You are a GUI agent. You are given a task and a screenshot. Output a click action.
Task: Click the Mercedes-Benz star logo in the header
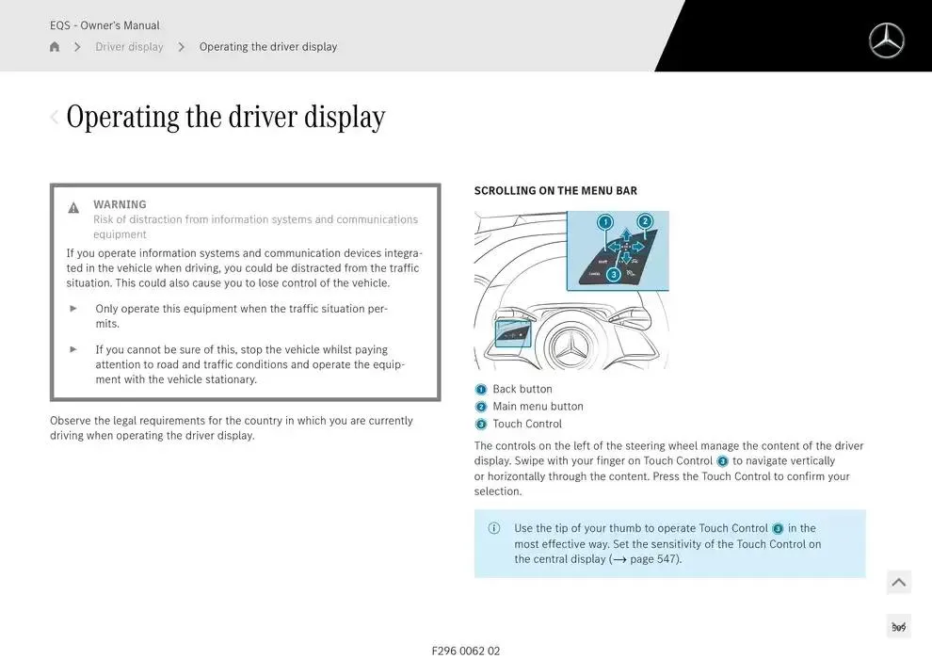pos(886,40)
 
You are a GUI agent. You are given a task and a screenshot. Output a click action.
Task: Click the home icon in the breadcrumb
pos(55,47)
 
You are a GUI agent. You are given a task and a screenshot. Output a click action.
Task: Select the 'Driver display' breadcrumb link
pos(129,47)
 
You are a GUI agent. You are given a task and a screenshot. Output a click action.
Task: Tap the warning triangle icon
pos(73,208)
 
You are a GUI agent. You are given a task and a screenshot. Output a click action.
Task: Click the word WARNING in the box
pos(120,204)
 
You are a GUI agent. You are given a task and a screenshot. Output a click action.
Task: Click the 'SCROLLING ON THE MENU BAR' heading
pos(555,191)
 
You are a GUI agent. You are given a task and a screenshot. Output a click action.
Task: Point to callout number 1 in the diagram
pos(605,222)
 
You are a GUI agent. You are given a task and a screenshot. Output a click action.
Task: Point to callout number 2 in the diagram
pos(645,222)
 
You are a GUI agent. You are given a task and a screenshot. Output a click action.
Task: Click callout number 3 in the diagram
pos(614,275)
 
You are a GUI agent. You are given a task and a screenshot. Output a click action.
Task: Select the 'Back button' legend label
pos(522,389)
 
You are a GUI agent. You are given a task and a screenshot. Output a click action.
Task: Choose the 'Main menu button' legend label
pos(538,407)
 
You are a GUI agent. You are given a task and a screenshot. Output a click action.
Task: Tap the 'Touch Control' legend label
pos(526,424)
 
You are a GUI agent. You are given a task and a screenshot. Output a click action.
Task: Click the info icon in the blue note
pos(494,528)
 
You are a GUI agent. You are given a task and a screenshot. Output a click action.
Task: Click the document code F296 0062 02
pos(466,651)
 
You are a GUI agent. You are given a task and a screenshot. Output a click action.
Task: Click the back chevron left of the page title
pos(55,117)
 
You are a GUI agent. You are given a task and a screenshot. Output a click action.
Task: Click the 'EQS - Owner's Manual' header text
pos(104,25)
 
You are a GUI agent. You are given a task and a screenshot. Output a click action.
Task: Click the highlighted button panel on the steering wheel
pos(512,334)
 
